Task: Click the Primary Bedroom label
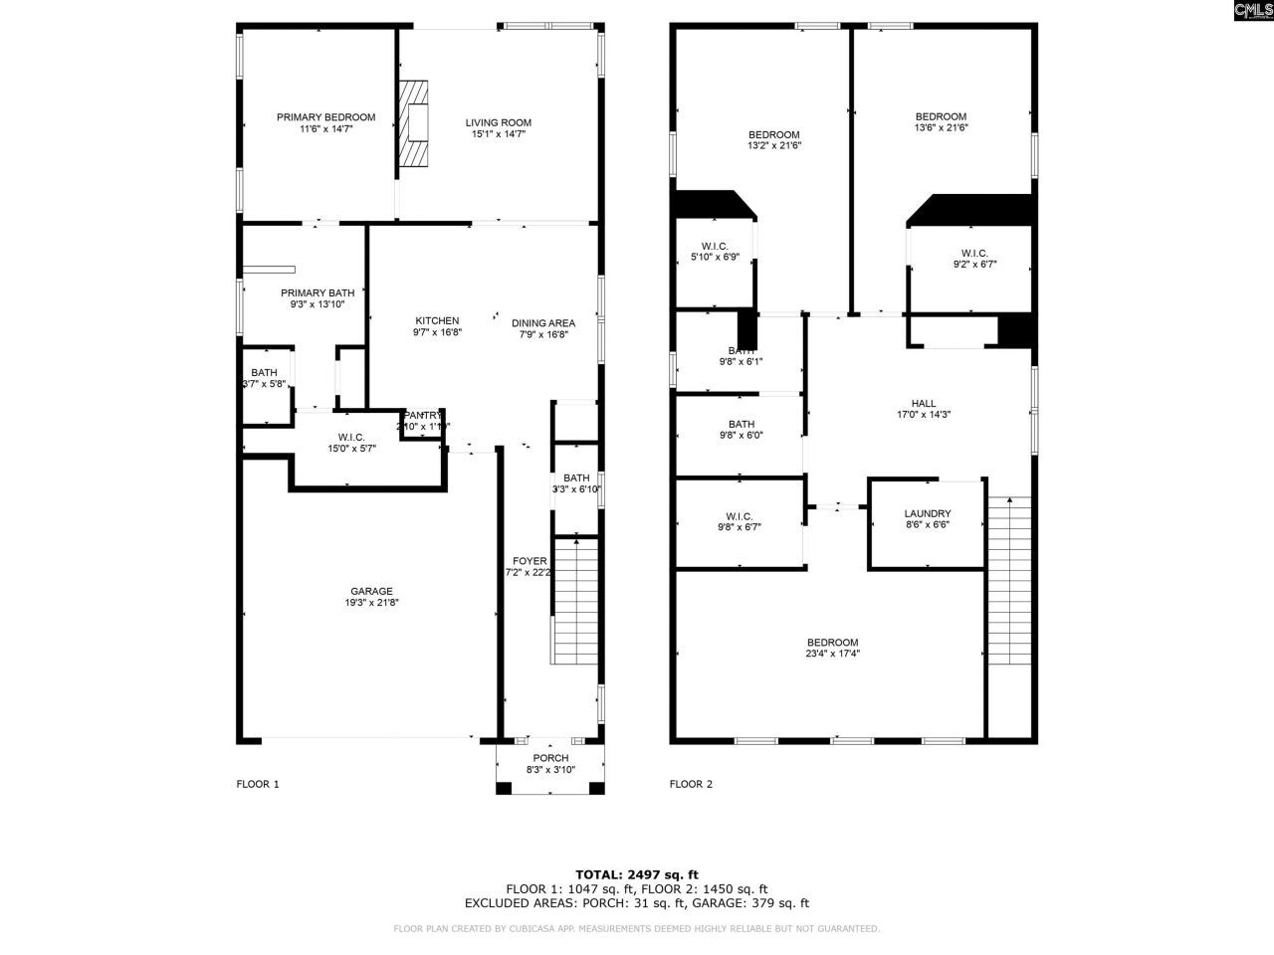[x=325, y=117]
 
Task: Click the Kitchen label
[x=437, y=320]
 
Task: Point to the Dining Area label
[x=543, y=322]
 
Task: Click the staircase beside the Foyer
[x=574, y=602]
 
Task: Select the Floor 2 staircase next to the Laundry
[x=1011, y=582]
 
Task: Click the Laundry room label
[x=928, y=513]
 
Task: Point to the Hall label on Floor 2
[x=924, y=403]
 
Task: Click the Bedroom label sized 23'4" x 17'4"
[x=832, y=643]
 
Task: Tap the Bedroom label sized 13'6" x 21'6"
[x=941, y=116]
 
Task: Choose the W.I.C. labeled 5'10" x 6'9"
[x=715, y=247]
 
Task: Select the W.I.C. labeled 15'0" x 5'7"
[x=351, y=437]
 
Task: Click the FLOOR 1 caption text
[x=258, y=784]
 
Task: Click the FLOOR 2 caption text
[x=691, y=784]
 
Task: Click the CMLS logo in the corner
[x=1252, y=11]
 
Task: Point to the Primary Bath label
[x=318, y=292]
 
